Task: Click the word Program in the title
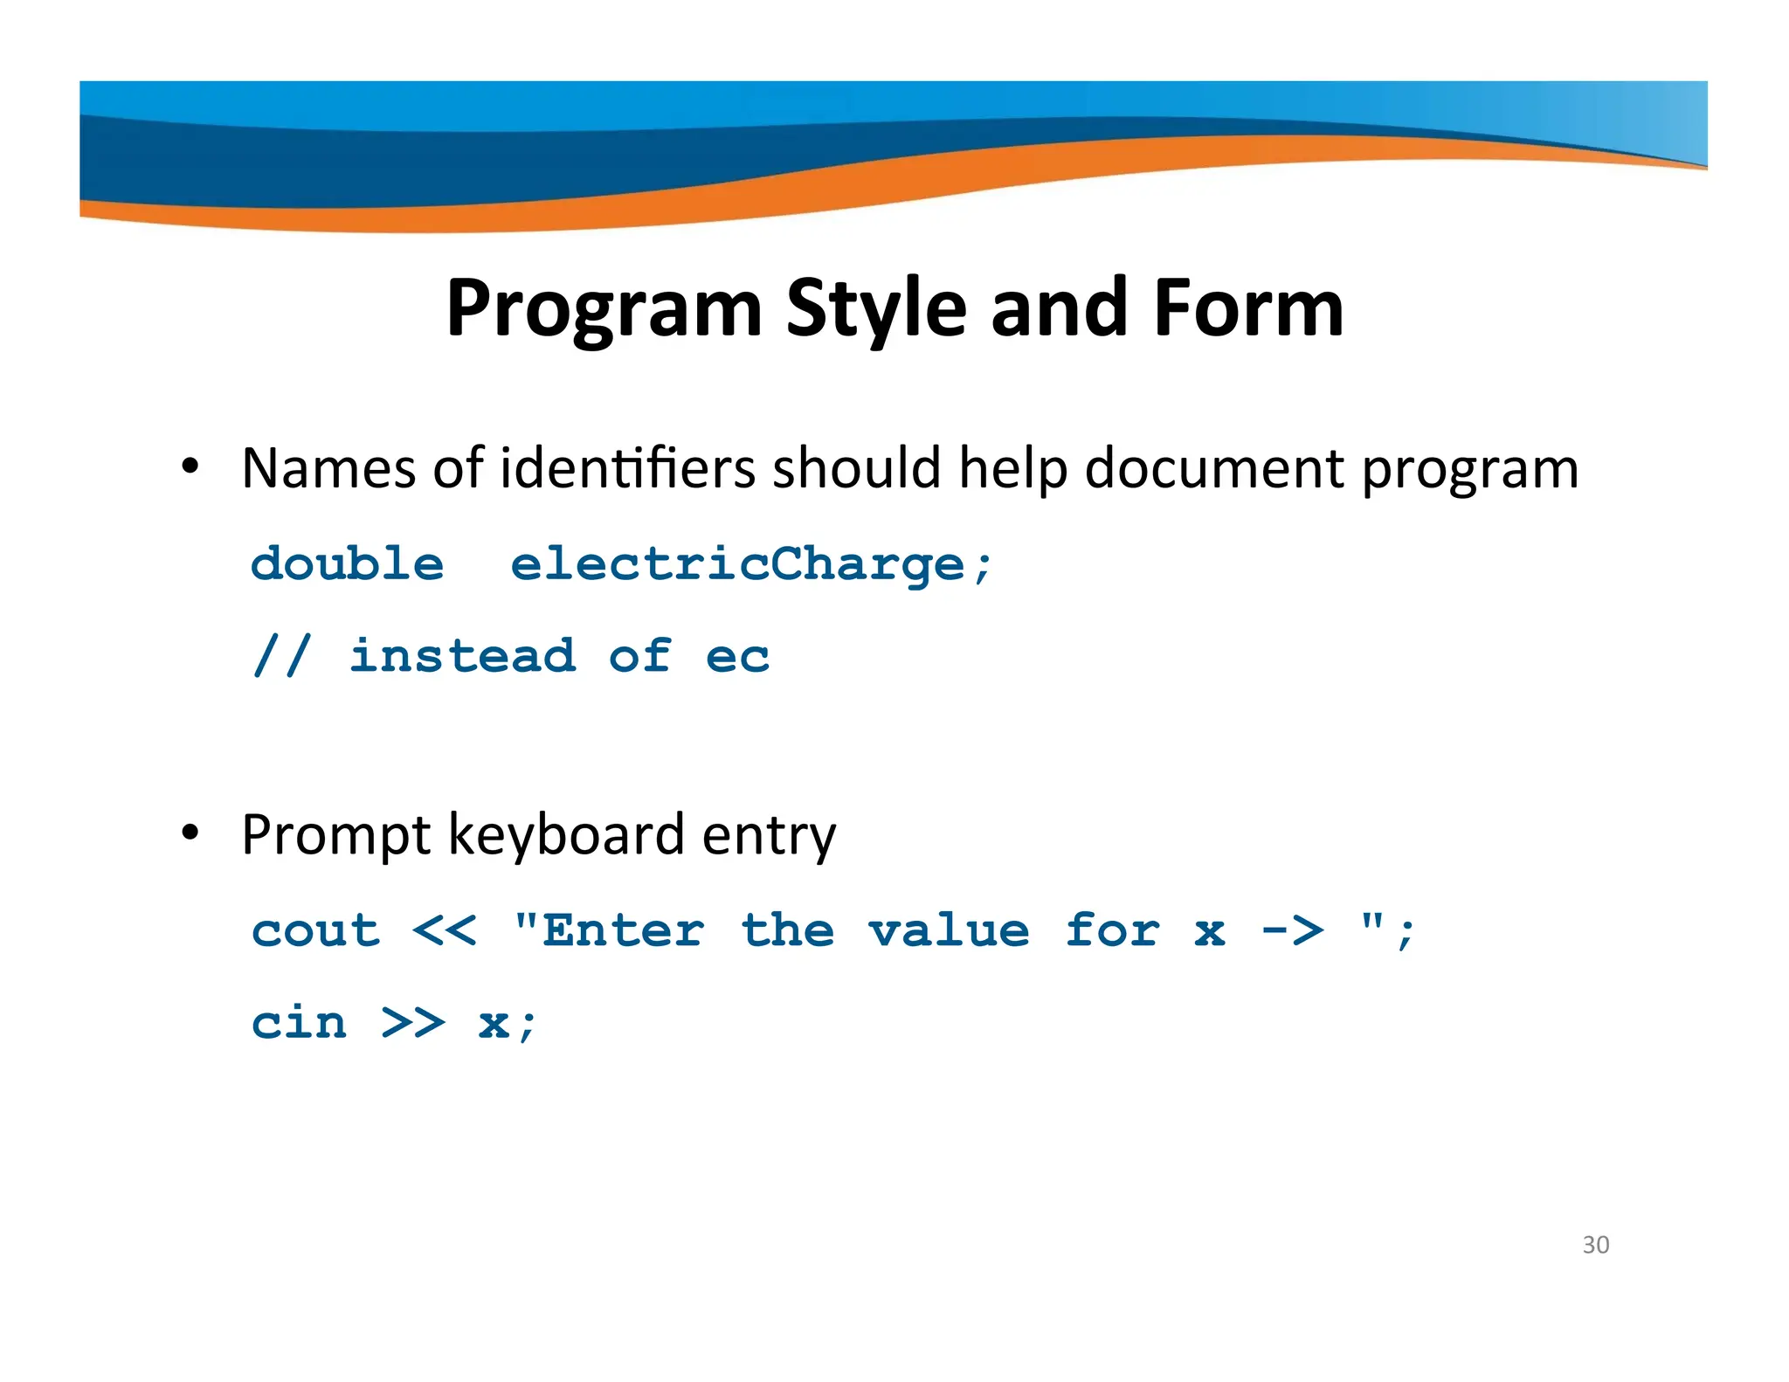pos(604,309)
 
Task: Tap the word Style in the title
pos(877,309)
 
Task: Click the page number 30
pos(1595,1244)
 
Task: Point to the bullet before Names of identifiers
pos(190,466)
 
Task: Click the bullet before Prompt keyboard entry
pos(190,833)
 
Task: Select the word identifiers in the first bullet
pos(627,468)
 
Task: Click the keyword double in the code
pos(347,563)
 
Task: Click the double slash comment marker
pos(281,656)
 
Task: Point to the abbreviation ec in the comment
pos(737,657)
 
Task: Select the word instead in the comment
pos(463,656)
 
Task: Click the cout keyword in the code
pos(316,930)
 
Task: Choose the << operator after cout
pos(445,930)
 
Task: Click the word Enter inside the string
pos(623,930)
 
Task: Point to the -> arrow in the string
pos(1292,930)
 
